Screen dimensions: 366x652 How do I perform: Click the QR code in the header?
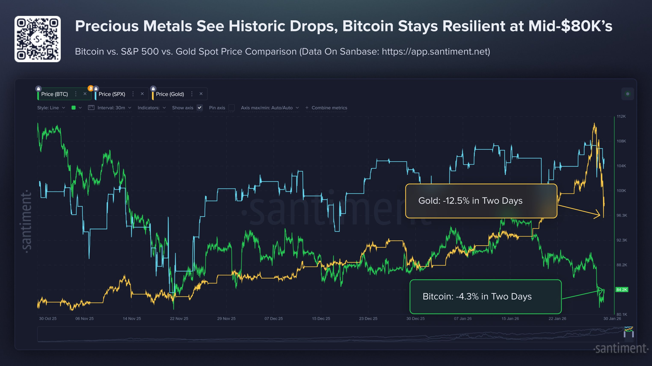pos(37,39)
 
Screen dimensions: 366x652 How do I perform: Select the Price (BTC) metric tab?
pos(54,94)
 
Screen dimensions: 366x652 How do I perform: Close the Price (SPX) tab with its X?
pos(142,94)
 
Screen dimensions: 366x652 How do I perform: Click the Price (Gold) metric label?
pos(170,94)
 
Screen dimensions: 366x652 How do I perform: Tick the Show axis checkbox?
pos(200,108)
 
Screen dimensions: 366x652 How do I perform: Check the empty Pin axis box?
pos(231,108)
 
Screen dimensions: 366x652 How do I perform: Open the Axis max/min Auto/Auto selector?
pos(270,108)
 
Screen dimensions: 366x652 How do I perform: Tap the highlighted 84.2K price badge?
pos(622,290)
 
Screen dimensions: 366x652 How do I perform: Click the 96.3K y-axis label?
pos(622,215)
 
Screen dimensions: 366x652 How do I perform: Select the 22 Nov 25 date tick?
pos(179,319)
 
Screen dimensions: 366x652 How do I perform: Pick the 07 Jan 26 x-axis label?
pos(463,319)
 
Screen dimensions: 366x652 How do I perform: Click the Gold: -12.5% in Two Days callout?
pos(481,201)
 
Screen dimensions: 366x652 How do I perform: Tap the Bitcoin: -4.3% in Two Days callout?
pos(485,296)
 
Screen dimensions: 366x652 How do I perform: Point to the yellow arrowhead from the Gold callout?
pos(598,214)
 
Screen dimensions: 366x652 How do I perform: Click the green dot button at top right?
pos(627,94)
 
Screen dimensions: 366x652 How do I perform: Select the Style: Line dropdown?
pos(51,108)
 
